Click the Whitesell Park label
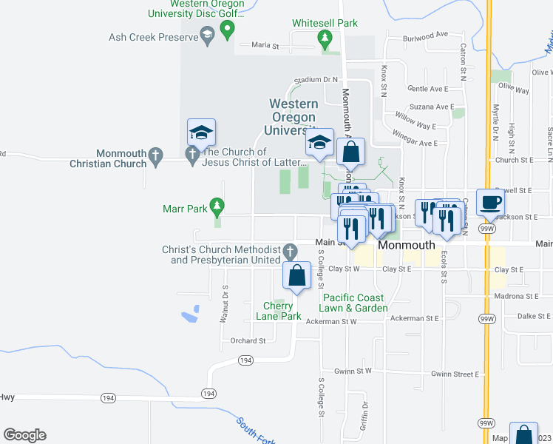(x=325, y=23)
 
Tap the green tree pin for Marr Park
(x=217, y=205)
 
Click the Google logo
(x=24, y=435)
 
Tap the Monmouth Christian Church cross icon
(x=155, y=155)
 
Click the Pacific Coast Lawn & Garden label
(x=354, y=303)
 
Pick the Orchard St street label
(x=247, y=341)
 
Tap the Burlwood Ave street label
(x=425, y=35)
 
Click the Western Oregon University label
(x=294, y=118)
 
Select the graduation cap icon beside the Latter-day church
(x=201, y=133)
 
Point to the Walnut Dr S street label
(x=223, y=304)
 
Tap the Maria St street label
(x=265, y=45)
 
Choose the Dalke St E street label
(x=535, y=316)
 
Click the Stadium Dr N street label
(x=315, y=79)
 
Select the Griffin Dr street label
(x=364, y=416)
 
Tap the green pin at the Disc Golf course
(x=228, y=30)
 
